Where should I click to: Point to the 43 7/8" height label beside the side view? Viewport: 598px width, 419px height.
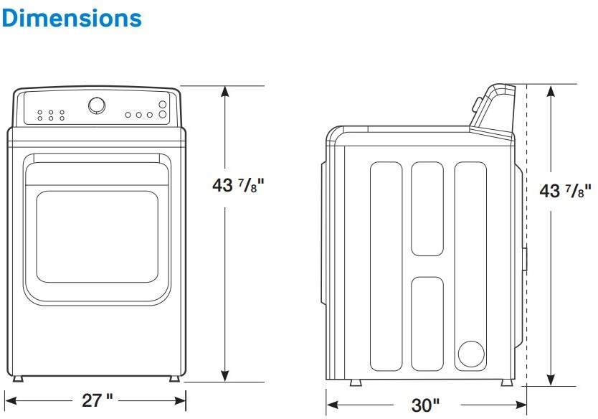pos(566,191)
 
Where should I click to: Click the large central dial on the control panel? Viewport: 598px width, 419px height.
pos(96,106)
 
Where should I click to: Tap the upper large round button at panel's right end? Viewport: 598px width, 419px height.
pos(163,105)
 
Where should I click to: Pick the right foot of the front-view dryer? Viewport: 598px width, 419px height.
pos(174,378)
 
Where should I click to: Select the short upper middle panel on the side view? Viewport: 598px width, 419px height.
pos(427,208)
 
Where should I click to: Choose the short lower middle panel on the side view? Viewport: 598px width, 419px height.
pos(427,322)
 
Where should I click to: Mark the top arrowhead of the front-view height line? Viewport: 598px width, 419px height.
pos(225,91)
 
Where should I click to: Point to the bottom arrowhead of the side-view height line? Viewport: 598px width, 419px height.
pos(551,380)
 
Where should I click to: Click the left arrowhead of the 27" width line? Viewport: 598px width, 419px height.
pos(9,400)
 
